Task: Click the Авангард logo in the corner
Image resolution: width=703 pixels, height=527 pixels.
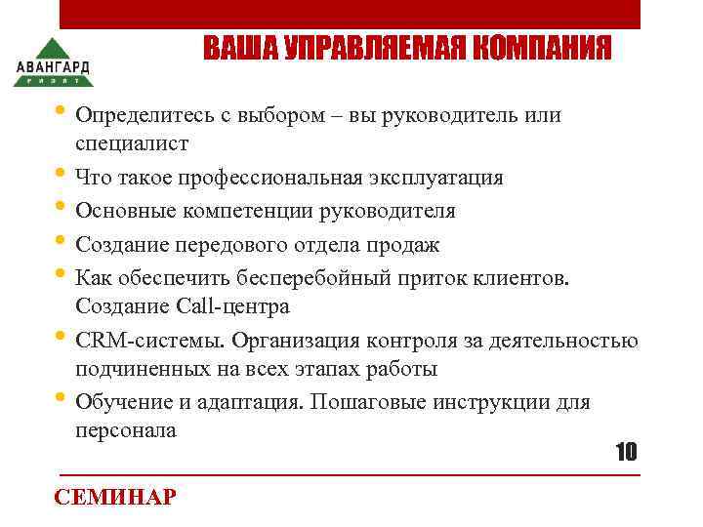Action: click(x=53, y=61)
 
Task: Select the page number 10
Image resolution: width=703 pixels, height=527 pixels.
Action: click(x=625, y=452)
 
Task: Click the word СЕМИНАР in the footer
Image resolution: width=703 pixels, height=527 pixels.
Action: click(x=115, y=497)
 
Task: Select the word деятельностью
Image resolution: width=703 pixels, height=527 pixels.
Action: click(x=565, y=341)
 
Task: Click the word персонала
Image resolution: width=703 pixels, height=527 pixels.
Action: click(x=126, y=430)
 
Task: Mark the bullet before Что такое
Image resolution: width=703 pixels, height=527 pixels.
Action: click(x=63, y=176)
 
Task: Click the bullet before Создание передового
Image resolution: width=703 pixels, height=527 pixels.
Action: click(x=63, y=242)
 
